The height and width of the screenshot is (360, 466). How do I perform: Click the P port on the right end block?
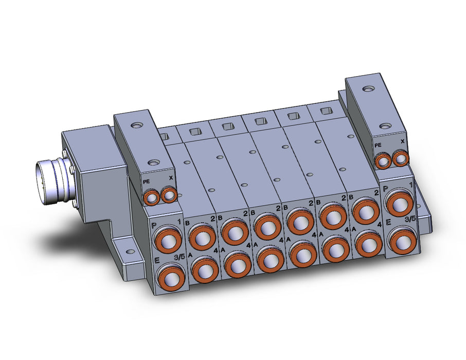(399, 203)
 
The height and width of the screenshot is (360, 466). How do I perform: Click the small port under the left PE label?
(152, 197)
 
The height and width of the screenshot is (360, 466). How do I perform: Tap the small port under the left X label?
(169, 195)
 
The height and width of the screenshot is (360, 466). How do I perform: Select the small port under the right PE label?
(383, 161)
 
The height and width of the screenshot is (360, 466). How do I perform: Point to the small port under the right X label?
(400, 158)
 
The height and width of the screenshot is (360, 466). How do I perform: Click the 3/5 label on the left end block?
(179, 258)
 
